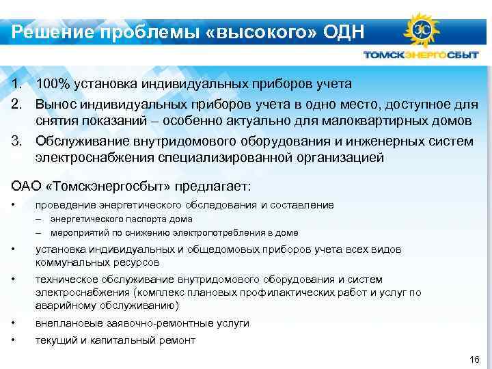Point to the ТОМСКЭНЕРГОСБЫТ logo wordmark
tap(420, 55)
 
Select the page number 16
tap(476, 359)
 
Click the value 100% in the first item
tap(52, 84)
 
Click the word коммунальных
tap(70, 262)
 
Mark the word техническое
tap(67, 279)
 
